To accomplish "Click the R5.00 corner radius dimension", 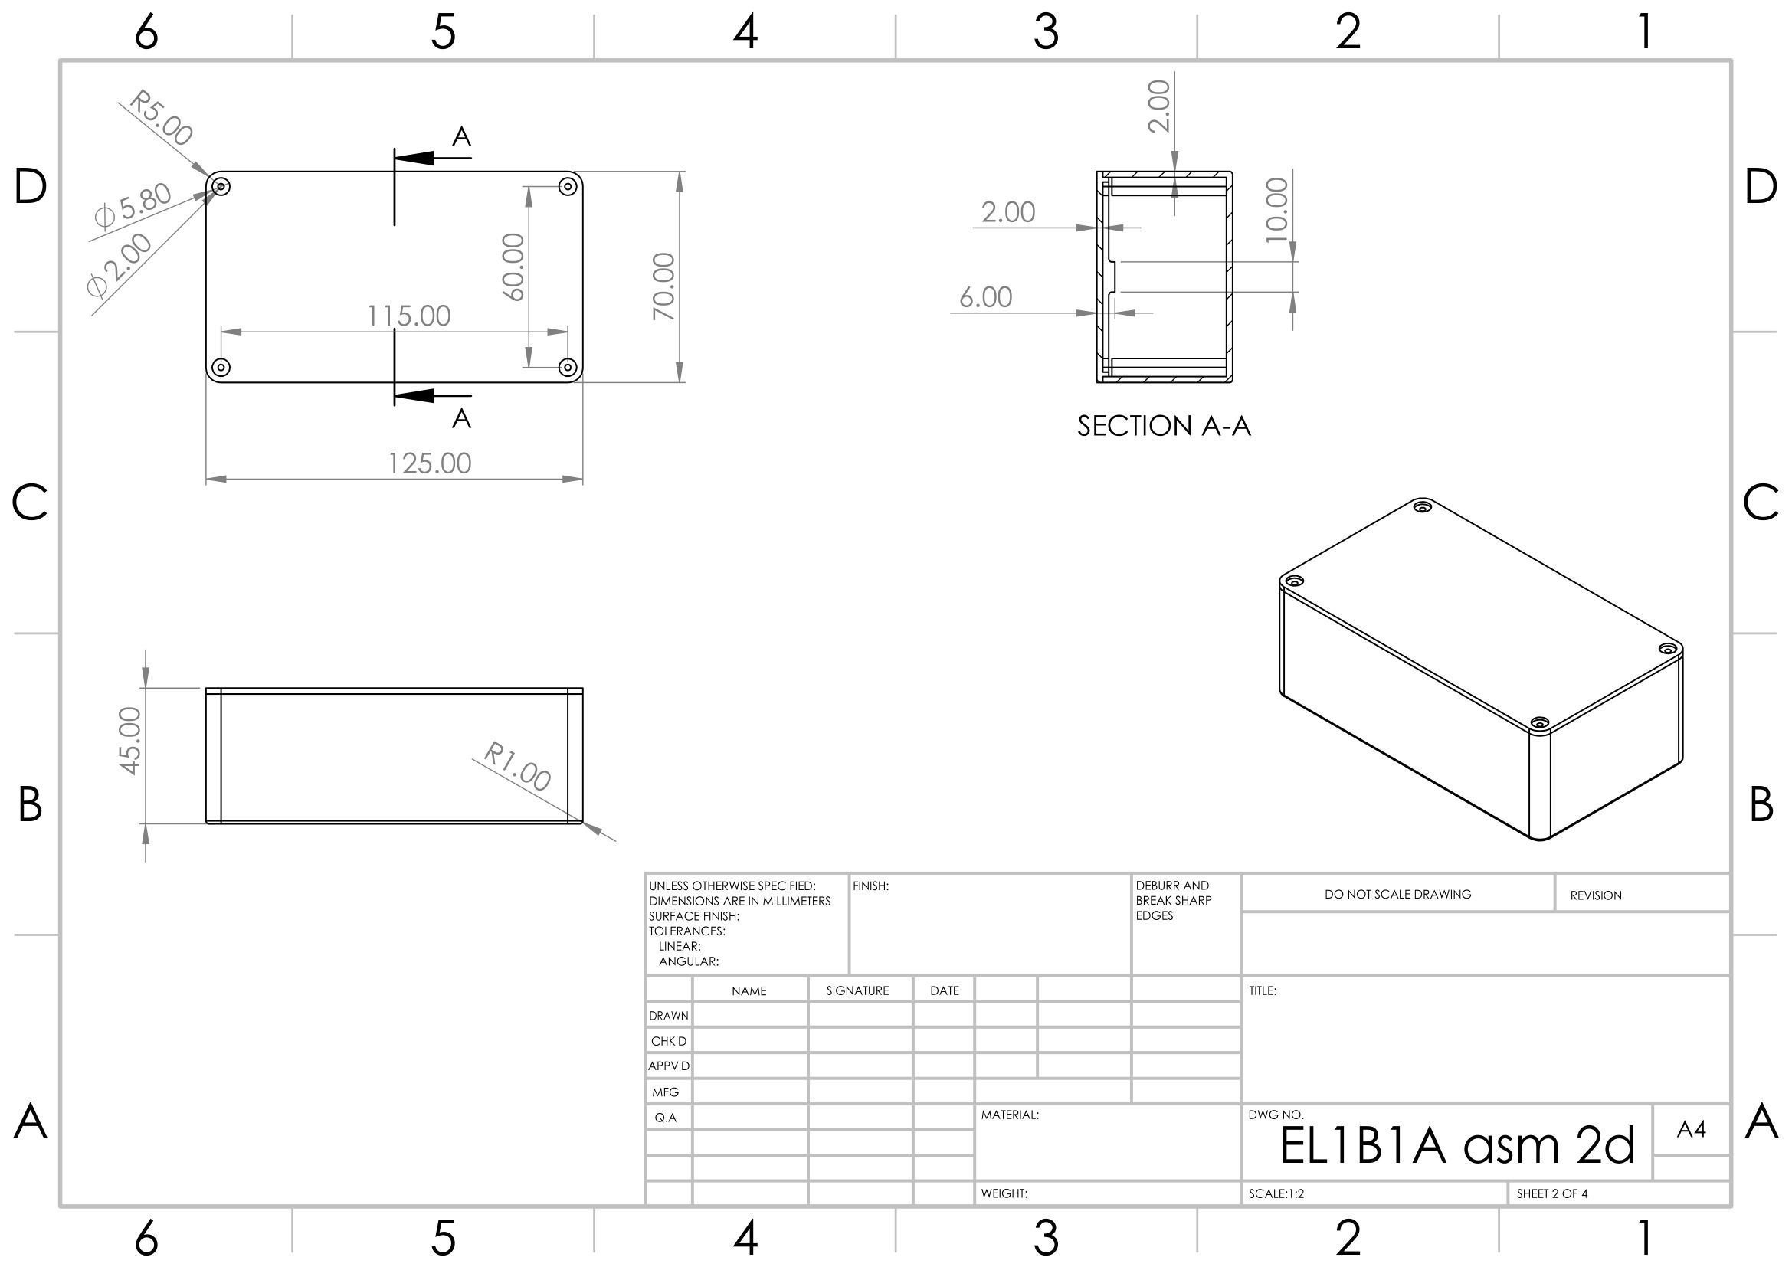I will (161, 118).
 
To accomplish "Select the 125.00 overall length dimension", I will (430, 463).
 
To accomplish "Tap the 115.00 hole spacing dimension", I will (409, 316).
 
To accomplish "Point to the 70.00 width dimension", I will (663, 286).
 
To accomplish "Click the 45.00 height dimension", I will (130, 741).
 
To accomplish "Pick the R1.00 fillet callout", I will (517, 765).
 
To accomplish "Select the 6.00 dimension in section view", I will (985, 297).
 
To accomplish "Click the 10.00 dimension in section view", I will (1276, 210).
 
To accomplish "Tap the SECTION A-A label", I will (1164, 426).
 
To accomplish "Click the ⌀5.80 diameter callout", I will (133, 205).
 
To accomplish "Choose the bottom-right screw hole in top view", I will (568, 368).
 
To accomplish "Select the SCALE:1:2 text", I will (1276, 1193).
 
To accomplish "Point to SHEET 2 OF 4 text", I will (1551, 1193).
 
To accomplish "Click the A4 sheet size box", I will (1691, 1129).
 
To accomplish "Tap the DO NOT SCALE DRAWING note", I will (1397, 894).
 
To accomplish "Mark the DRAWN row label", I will (669, 1016).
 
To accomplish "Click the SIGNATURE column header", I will (857, 990).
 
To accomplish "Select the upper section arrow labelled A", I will (434, 158).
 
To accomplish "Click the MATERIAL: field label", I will (1010, 1115).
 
